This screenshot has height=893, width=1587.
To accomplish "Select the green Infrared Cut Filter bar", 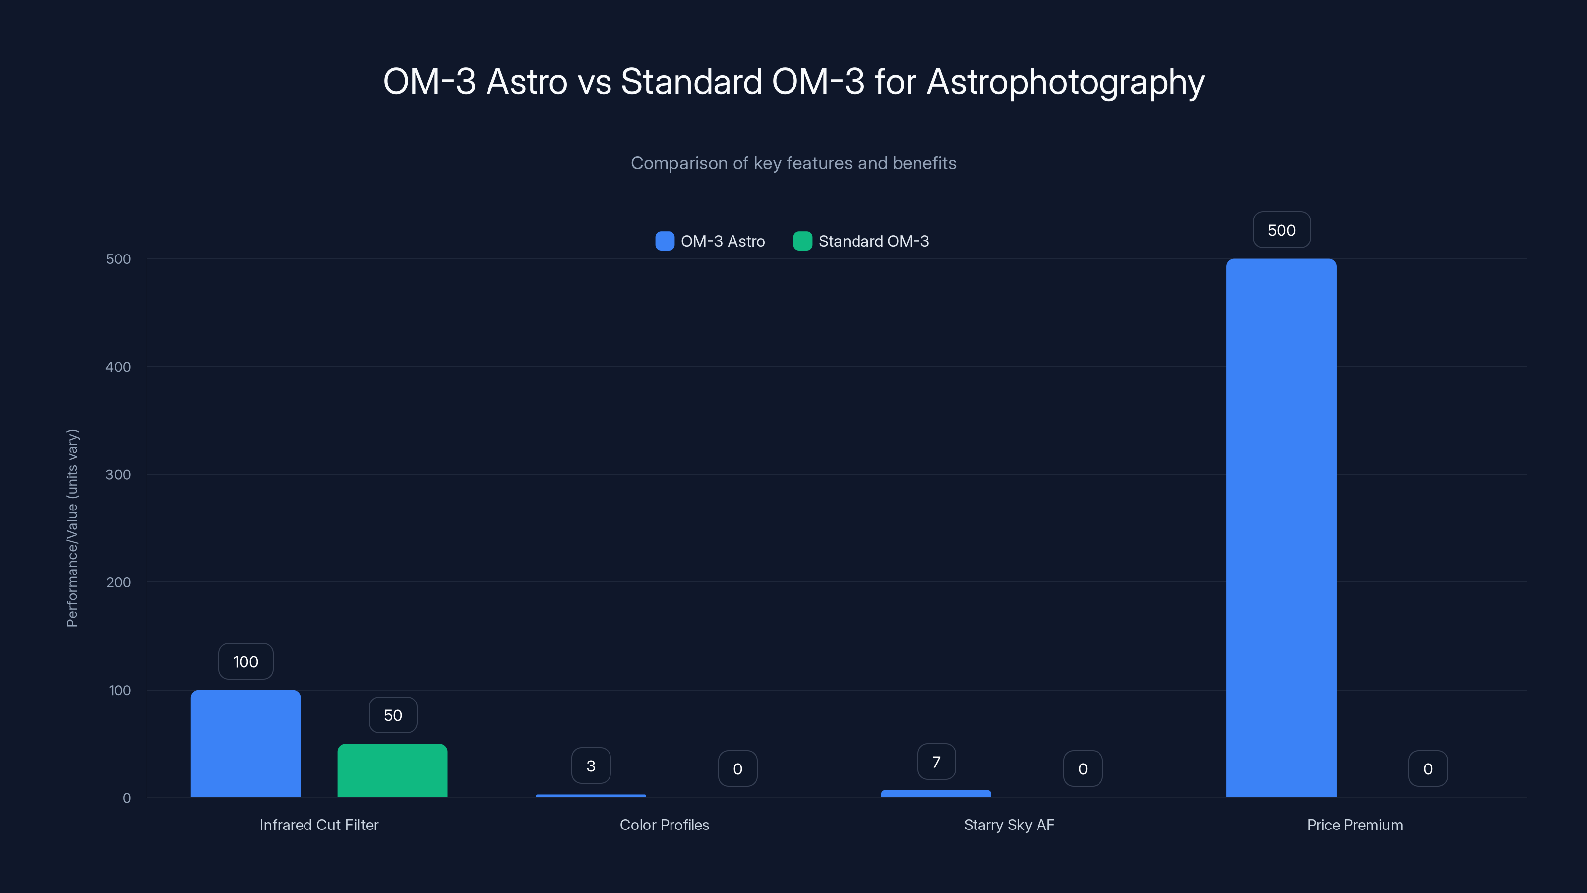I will pyautogui.click(x=392, y=770).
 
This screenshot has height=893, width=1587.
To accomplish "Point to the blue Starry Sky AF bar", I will pyautogui.click(x=936, y=794).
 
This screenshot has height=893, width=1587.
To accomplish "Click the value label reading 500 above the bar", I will pyautogui.click(x=1282, y=230).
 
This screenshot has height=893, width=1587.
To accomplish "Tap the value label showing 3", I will pyautogui.click(x=591, y=765).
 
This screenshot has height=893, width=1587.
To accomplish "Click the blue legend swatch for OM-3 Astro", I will pyautogui.click(x=665, y=241).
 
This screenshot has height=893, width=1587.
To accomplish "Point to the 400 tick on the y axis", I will pyautogui.click(x=119, y=367).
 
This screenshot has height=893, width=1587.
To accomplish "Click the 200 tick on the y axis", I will pyautogui.click(x=119, y=582).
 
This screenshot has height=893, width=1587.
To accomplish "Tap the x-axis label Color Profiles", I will pyautogui.click(x=664, y=825).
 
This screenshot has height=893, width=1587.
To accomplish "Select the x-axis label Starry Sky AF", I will pyautogui.click(x=1009, y=825).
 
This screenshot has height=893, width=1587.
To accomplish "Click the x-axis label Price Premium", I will pyautogui.click(x=1355, y=825).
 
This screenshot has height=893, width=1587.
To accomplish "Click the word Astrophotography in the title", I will pyautogui.click(x=1065, y=82).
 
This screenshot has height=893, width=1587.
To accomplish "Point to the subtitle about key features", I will pyautogui.click(x=793, y=163).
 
